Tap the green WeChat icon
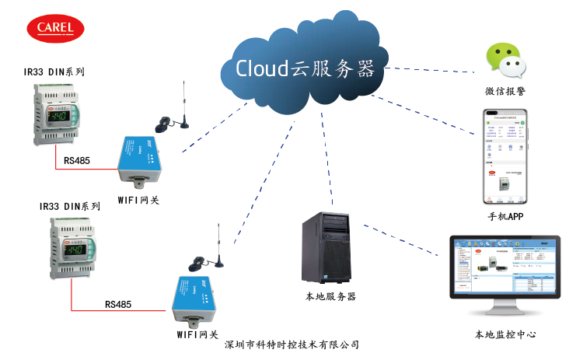click(x=504, y=61)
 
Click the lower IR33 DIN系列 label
click(x=69, y=207)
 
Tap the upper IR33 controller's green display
click(x=61, y=117)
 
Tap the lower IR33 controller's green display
click(x=79, y=250)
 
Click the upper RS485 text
click(x=77, y=162)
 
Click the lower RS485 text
click(x=117, y=304)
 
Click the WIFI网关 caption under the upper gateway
click(x=138, y=200)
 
